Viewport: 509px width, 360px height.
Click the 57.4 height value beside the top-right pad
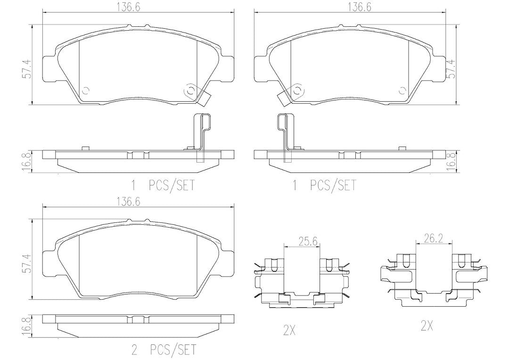[451, 69]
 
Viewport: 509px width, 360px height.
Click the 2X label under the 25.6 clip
[289, 330]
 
